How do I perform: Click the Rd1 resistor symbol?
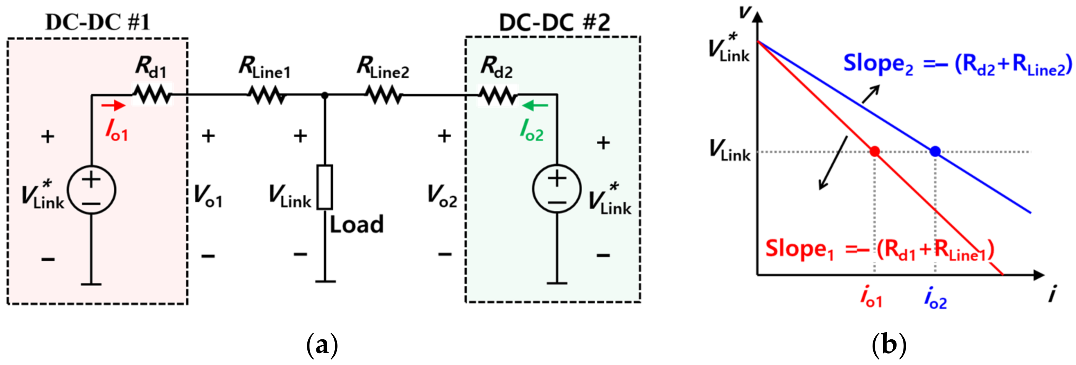(152, 95)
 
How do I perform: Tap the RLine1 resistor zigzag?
(267, 95)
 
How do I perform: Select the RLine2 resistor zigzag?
(385, 95)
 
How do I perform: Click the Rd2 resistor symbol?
(498, 95)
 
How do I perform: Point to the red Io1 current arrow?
(113, 106)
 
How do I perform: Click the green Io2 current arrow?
(535, 106)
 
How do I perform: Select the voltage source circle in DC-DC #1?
(91, 190)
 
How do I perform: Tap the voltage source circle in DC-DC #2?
(557, 189)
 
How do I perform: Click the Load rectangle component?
(325, 187)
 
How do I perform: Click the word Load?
(356, 225)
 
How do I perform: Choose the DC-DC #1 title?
(97, 22)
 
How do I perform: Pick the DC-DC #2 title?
(554, 22)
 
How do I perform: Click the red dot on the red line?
(874, 151)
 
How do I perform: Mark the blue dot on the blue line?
(935, 151)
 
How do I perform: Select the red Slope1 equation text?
(879, 250)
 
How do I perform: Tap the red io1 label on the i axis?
(871, 297)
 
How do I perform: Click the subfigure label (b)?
(889, 345)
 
